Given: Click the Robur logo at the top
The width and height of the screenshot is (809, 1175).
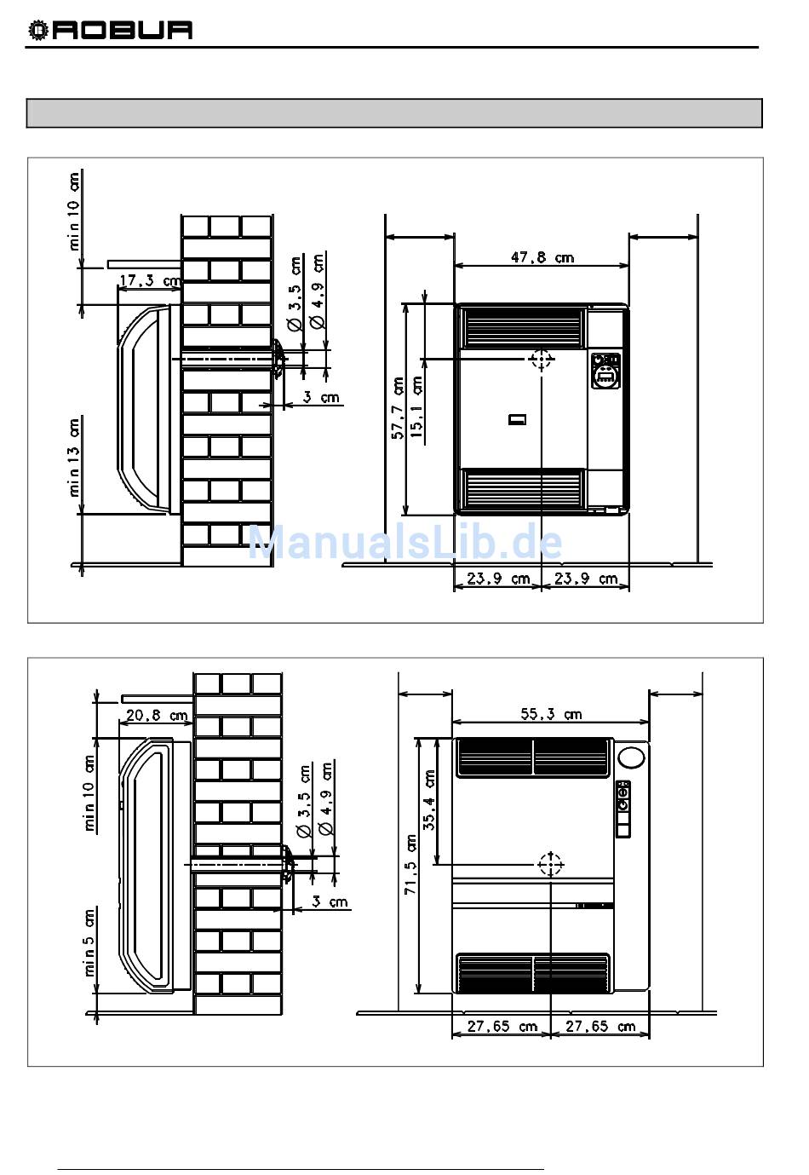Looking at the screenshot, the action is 110,30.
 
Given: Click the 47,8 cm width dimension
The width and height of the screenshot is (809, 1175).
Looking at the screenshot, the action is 542,257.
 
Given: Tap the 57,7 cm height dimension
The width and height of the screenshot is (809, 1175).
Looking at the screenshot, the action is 398,407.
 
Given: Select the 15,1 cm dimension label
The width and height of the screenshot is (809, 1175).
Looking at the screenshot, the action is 416,406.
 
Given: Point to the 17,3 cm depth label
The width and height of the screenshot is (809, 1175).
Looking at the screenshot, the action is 150,281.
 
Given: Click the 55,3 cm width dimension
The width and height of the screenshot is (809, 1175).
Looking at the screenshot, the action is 550,714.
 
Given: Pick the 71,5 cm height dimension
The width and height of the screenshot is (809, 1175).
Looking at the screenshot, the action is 411,865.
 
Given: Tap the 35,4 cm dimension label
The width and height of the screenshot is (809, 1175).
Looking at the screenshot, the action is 429,800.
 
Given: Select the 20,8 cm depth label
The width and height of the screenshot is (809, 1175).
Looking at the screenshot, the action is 157,715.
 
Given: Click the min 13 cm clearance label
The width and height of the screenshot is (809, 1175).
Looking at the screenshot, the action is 74,457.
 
